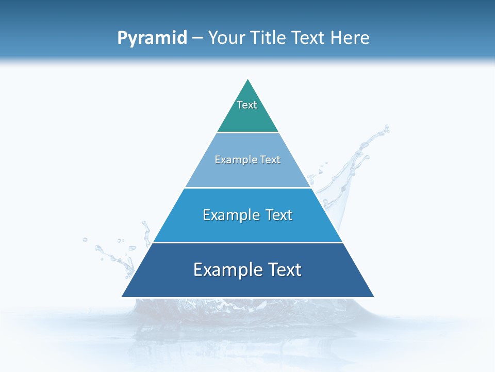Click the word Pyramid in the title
tap(152, 38)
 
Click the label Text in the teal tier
tap(247, 105)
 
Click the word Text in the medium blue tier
tap(278, 215)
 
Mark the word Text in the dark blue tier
tap(285, 270)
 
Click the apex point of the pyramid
tap(248, 80)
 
